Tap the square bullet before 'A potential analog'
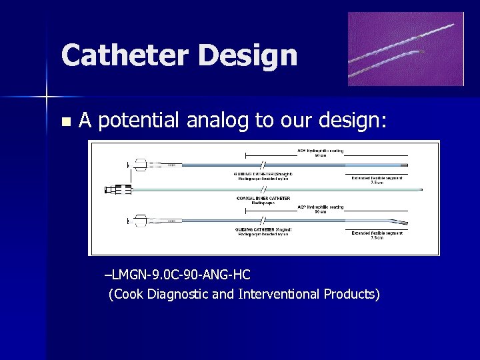point(65,122)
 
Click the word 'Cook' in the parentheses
point(125,294)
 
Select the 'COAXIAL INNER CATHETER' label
point(264,198)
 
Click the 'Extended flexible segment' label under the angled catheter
point(377,233)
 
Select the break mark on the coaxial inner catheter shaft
point(264,190)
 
